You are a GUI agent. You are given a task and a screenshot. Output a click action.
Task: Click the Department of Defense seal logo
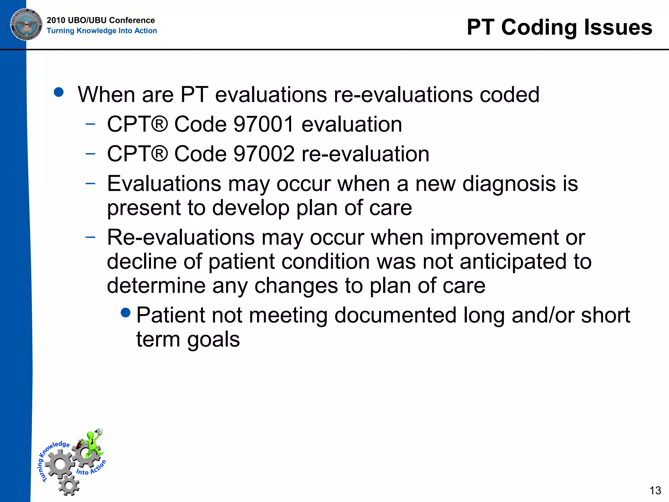point(26,25)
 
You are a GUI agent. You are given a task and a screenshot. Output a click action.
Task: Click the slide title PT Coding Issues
point(559,27)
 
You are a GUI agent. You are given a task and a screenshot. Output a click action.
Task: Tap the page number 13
point(655,490)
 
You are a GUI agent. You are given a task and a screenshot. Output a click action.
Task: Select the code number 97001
point(264,125)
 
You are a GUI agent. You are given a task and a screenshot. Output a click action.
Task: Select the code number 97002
point(264,154)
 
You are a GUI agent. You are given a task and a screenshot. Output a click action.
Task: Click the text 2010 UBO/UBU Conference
point(101,20)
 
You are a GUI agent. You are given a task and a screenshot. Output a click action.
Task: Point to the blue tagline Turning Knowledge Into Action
point(102,31)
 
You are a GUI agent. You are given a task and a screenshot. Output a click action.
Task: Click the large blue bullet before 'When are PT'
point(59,92)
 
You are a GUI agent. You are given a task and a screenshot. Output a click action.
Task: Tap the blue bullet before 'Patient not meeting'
point(125,313)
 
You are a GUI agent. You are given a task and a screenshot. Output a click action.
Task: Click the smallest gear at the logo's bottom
point(69,485)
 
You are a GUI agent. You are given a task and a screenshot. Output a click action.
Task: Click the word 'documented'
point(395,315)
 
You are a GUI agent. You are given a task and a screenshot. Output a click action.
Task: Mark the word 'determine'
point(156,286)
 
